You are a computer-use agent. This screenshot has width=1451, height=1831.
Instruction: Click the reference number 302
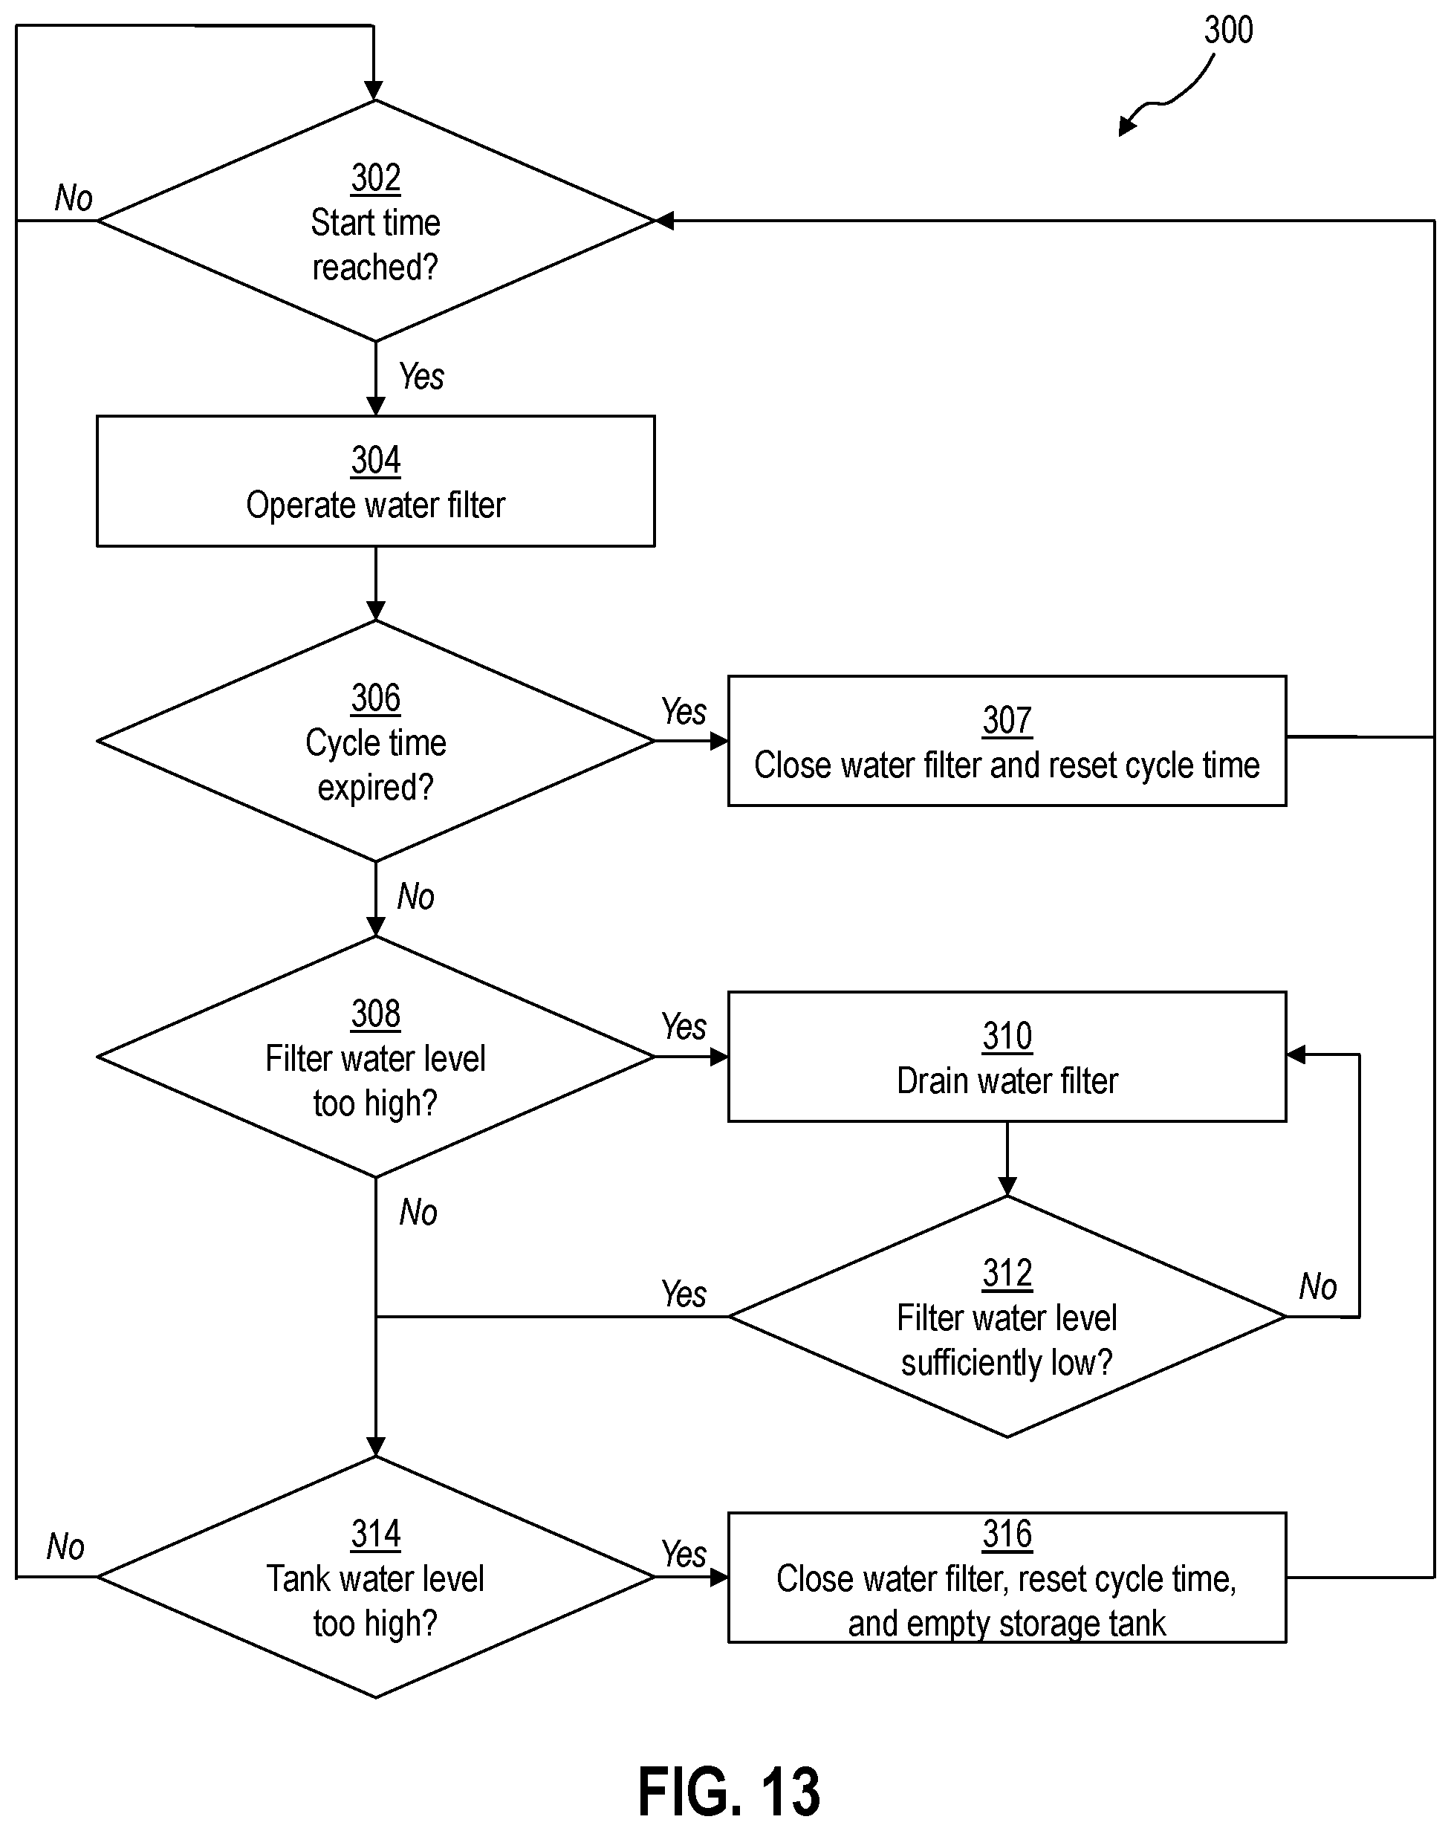375,178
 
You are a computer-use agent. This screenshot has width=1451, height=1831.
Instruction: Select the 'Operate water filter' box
375,481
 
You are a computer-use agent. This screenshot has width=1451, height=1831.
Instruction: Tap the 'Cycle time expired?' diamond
375,742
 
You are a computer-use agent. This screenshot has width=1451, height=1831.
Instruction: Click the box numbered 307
1007,741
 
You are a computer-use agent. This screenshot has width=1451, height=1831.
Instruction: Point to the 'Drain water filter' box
1007,1057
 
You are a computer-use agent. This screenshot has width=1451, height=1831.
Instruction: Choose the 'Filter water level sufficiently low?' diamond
1007,1316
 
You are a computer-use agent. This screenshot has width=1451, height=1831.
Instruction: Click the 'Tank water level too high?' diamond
375,1577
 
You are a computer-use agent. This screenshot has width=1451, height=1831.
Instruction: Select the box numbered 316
1007,1577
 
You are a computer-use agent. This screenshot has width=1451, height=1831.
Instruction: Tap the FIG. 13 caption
728,1791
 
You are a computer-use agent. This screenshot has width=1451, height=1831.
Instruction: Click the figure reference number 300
1227,30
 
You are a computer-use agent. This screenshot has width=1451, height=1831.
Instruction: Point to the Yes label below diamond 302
421,376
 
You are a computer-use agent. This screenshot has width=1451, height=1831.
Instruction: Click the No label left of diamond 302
74,198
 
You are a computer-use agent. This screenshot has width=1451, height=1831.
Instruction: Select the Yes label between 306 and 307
684,712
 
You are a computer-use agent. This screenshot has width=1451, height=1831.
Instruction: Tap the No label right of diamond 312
1318,1286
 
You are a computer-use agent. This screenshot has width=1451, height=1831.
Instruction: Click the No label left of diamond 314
65,1546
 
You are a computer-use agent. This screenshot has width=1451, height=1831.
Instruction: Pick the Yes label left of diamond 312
684,1294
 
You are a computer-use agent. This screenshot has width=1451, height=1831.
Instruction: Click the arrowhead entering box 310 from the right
1296,1054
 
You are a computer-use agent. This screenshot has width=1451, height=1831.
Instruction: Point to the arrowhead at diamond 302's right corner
665,221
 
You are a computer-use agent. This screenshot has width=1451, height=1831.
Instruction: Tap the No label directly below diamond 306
416,897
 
